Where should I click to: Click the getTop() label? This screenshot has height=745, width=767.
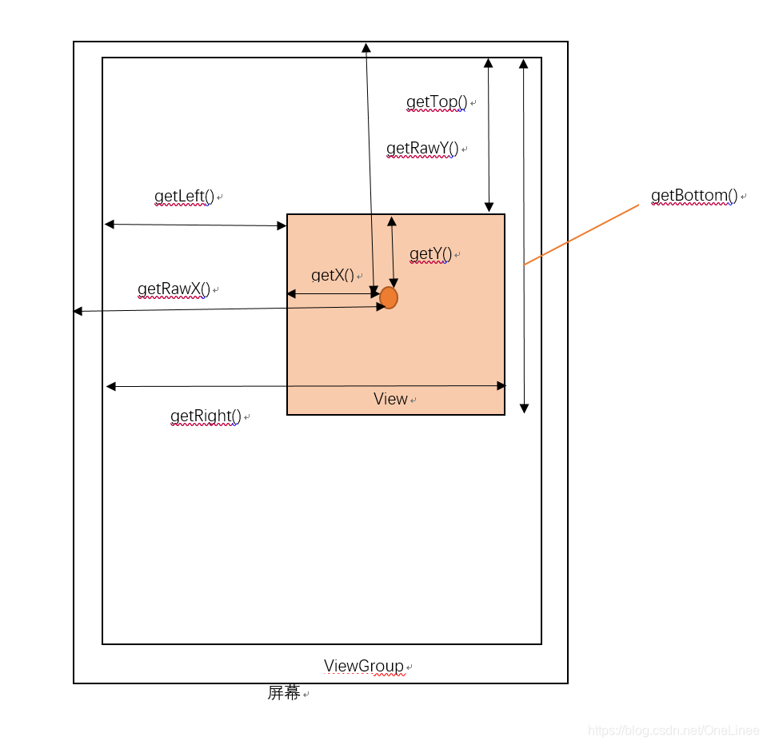click(x=436, y=102)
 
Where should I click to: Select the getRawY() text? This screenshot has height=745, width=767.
click(x=421, y=149)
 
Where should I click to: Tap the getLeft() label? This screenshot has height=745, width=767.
click(x=184, y=197)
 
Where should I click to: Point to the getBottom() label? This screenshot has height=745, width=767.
click(x=693, y=196)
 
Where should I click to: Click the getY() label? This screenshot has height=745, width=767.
click(x=430, y=255)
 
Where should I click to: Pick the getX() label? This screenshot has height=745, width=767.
click(x=332, y=276)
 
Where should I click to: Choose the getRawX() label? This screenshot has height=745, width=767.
click(x=174, y=289)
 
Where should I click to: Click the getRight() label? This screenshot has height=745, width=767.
click(x=206, y=416)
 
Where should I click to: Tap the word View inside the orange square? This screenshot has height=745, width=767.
click(x=390, y=399)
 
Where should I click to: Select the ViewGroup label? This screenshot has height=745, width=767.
click(x=363, y=667)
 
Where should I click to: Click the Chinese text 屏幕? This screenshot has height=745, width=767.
click(x=283, y=693)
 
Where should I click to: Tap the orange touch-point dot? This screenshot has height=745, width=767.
click(x=389, y=298)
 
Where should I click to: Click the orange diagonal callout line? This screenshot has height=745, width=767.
click(x=581, y=234)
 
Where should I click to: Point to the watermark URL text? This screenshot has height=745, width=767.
click(x=673, y=731)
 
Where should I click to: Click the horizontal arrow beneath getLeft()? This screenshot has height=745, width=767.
click(x=195, y=225)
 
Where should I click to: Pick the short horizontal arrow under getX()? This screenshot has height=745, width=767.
click(x=333, y=294)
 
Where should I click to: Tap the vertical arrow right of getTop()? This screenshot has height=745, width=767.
click(x=489, y=134)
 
